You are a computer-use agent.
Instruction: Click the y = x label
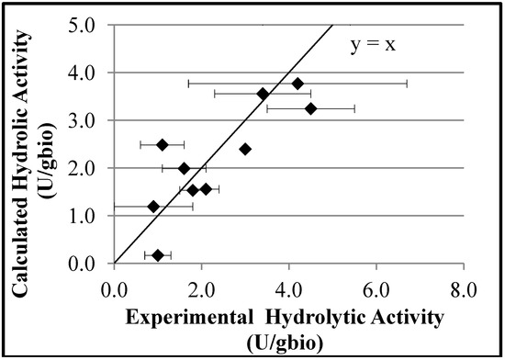click(x=376, y=44)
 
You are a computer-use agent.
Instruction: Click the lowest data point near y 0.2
click(x=158, y=255)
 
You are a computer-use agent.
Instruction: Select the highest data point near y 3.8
click(x=297, y=84)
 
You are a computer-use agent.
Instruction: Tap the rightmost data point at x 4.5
click(x=310, y=108)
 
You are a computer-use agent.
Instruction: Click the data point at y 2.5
click(x=163, y=144)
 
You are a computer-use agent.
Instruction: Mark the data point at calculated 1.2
click(x=153, y=206)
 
